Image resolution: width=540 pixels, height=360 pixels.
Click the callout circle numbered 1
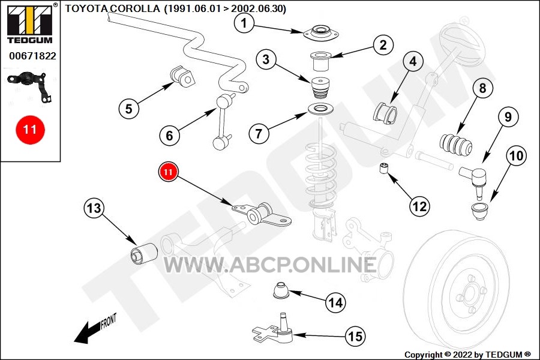(x=244, y=23)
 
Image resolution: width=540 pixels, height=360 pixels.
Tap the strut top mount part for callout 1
(x=321, y=34)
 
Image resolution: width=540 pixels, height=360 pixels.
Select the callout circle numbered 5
(x=129, y=109)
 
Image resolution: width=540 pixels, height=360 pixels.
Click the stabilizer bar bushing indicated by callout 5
(x=182, y=76)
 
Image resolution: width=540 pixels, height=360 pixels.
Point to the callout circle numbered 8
(x=483, y=88)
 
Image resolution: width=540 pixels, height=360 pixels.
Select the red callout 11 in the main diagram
(x=168, y=172)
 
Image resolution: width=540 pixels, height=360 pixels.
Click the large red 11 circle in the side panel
(x=30, y=130)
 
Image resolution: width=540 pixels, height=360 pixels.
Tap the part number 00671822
(x=32, y=56)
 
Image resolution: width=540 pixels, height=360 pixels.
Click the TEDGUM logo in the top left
(x=30, y=25)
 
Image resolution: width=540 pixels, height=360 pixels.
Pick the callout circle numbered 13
(x=94, y=208)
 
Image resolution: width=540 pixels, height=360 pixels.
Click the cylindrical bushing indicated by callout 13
(x=144, y=254)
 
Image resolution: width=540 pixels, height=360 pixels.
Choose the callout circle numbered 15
(x=356, y=336)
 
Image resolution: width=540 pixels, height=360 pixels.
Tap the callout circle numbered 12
(x=419, y=206)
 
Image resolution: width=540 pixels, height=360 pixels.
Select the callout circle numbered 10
(x=516, y=156)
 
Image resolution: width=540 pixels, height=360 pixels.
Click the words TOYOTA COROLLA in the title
(x=113, y=8)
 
